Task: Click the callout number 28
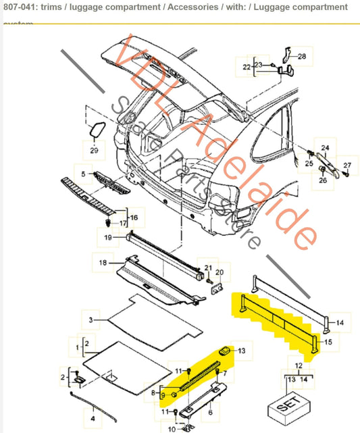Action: (301, 57)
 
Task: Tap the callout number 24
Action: (324, 148)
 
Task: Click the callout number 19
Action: (108, 237)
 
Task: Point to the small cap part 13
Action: (224, 349)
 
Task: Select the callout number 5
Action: (84, 174)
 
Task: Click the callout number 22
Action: (246, 66)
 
